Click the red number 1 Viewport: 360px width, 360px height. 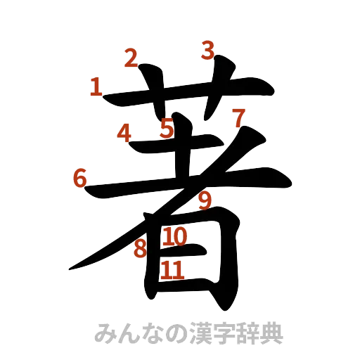(96, 88)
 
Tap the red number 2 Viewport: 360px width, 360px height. (131, 58)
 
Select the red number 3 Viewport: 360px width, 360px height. (207, 50)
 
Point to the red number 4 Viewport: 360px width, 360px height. (125, 133)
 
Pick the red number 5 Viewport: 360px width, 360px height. (167, 129)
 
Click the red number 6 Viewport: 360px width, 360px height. (81, 179)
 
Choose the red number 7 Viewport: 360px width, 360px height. (239, 117)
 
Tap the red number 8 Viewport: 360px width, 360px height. (140, 247)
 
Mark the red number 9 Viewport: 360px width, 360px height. (205, 201)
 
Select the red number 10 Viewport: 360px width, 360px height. (174, 238)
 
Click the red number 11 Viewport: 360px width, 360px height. (173, 269)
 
